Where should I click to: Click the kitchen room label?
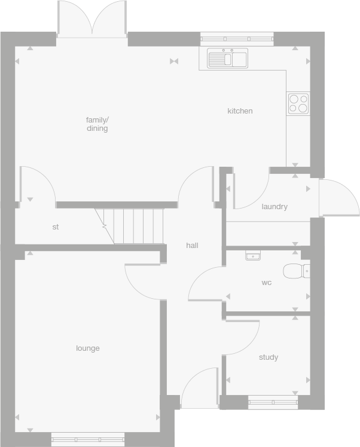(240, 111)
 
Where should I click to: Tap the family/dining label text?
(97, 124)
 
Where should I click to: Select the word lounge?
(88, 348)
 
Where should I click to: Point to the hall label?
(192, 245)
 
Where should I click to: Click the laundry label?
(274, 207)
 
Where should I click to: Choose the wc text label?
(267, 282)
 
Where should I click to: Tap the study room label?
(269, 357)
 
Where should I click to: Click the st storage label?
(56, 227)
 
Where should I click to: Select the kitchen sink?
(227, 59)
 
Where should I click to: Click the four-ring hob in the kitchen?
(298, 103)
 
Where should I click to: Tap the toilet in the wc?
(295, 271)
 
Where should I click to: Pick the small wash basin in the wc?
(253, 255)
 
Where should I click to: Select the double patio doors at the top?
(92, 19)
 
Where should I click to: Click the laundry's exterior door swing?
(337, 197)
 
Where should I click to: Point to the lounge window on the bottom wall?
(87, 439)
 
